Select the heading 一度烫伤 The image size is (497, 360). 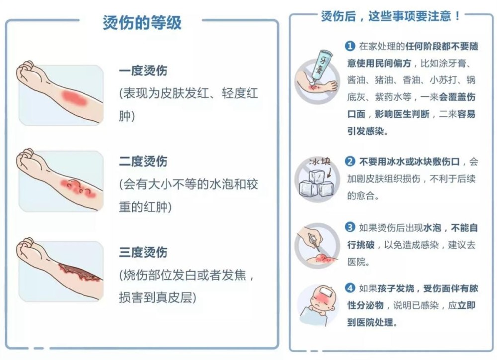click(x=143, y=71)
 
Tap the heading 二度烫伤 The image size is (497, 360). click(x=143, y=161)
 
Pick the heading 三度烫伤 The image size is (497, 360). click(x=143, y=252)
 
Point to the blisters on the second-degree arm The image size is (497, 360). click(x=78, y=187)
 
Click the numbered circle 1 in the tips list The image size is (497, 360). click(x=350, y=46)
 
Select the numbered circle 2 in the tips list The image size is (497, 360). click(x=350, y=162)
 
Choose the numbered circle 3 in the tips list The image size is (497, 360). click(x=350, y=228)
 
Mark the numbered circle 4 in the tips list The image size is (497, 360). click(x=350, y=288)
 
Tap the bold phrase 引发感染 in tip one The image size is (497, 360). click(x=367, y=132)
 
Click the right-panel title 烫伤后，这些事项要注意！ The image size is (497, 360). click(x=390, y=16)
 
